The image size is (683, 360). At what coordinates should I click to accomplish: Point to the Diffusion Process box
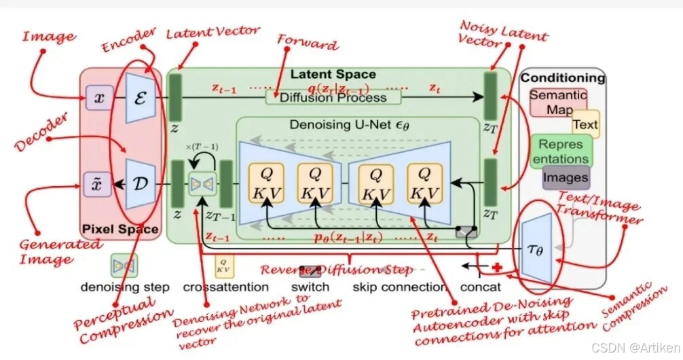point(333,97)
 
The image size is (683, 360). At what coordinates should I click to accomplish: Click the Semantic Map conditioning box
point(557,102)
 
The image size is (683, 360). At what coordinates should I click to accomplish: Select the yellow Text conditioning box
point(585,124)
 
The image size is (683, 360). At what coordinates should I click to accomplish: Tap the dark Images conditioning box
point(565,178)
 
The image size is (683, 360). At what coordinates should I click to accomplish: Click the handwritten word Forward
point(307,46)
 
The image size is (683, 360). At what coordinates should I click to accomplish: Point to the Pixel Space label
point(119,230)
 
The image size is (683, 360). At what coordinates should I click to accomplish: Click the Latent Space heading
point(333,74)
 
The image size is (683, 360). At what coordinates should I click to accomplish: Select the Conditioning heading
point(562,78)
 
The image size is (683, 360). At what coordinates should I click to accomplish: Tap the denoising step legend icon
point(124,264)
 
